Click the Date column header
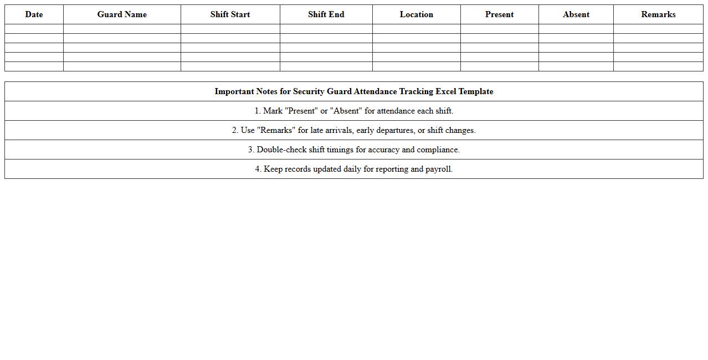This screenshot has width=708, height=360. tap(34, 14)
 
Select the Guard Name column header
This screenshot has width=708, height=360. tap(122, 14)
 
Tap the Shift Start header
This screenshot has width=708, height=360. tap(230, 14)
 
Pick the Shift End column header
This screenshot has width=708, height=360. tap(326, 14)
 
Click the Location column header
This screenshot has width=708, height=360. tap(416, 14)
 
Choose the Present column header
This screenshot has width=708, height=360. tap(499, 14)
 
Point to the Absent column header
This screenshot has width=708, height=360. tap(576, 14)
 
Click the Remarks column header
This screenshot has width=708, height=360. tap(658, 14)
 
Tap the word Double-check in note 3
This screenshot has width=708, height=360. tap(282, 150)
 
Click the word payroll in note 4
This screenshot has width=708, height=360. tap(439, 169)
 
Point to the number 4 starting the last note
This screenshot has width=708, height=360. tap(258, 169)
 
